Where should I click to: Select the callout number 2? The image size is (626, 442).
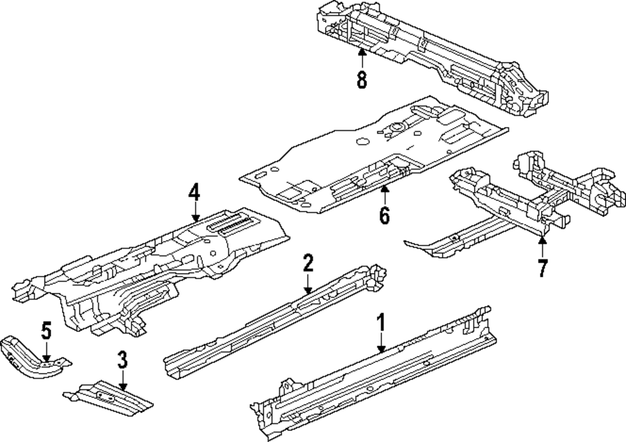307,264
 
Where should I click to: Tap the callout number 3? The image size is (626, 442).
122,360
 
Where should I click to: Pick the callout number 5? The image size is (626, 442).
46,331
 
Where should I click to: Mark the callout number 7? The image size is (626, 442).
542,267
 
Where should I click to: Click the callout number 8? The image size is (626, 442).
362,80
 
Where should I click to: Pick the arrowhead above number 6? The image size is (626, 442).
384,187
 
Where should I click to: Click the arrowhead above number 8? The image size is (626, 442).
362,52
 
